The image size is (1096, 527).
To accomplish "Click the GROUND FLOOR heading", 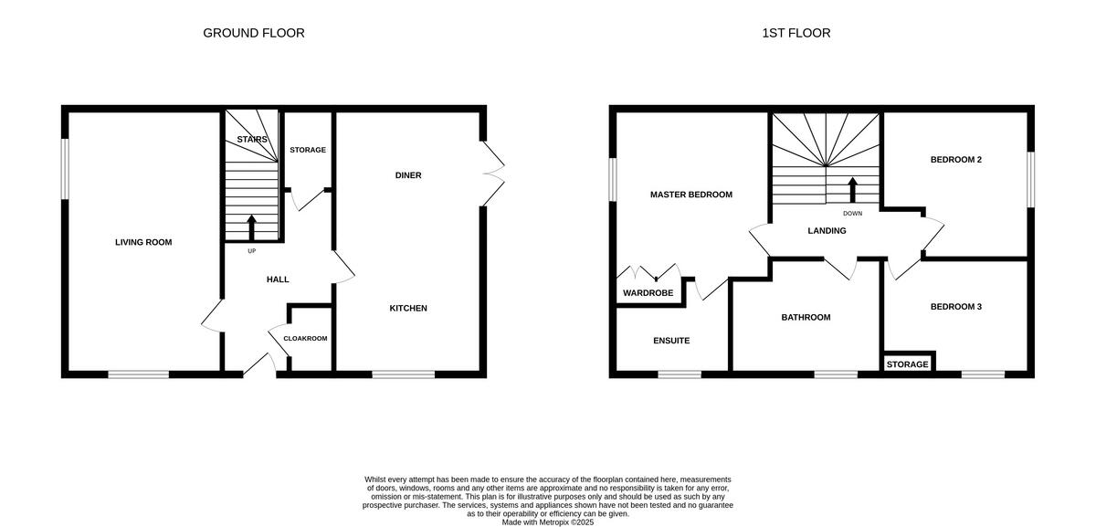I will point(253,33).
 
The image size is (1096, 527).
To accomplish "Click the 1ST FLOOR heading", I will point(796,33).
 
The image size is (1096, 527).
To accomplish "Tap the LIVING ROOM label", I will point(143,242).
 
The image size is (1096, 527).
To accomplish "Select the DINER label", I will point(408,175).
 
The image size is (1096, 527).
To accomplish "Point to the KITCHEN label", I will point(408,308).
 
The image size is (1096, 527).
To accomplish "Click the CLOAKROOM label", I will point(305,338).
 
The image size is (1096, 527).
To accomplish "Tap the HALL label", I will point(278,279).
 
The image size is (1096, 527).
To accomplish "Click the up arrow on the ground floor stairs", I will point(252,227).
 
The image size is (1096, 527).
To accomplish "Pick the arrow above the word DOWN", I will point(853,190).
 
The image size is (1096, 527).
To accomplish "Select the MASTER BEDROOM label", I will point(690,195).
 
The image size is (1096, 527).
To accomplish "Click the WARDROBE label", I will point(648,293).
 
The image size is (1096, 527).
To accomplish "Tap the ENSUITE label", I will point(671,341).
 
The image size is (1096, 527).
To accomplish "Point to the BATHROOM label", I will point(806,318).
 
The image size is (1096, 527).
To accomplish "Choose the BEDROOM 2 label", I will point(955,160).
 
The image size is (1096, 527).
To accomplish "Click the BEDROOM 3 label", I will point(955,307).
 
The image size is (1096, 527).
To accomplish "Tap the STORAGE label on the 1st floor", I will point(907,364).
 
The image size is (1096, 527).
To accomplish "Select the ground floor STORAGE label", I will point(308,150).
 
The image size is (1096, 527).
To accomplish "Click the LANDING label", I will point(827,231).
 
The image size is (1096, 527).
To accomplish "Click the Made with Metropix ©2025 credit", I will point(548,522).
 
